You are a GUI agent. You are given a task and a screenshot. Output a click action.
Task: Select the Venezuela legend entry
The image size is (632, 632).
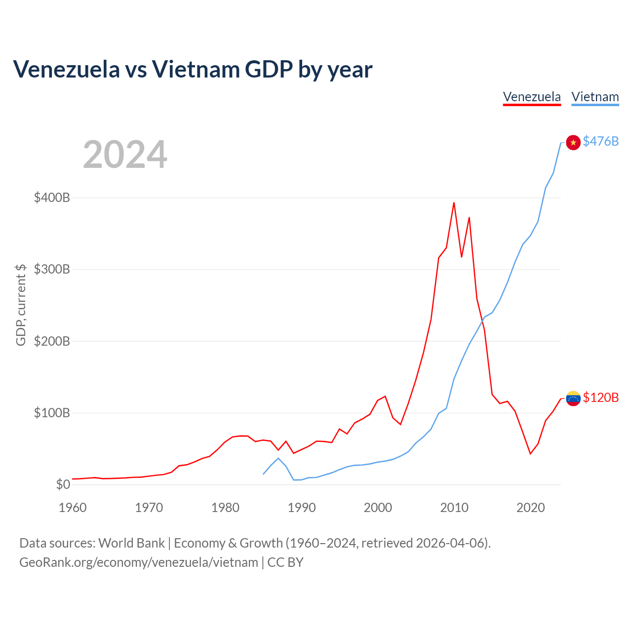coord(532,97)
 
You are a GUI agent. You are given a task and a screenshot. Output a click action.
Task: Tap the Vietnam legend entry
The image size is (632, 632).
coord(595,97)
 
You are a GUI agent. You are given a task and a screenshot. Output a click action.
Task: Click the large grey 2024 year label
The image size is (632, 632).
coord(125,154)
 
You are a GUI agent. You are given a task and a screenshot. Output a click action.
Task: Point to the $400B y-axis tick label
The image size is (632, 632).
coord(52,198)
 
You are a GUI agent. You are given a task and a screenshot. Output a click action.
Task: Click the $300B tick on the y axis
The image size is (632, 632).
coord(52,269)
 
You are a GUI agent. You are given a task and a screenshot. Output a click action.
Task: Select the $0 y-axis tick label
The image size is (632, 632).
coord(63,484)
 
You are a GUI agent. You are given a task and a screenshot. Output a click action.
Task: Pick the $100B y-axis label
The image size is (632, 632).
coord(52,413)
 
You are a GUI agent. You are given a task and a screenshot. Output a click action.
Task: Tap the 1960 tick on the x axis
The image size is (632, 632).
coord(73,508)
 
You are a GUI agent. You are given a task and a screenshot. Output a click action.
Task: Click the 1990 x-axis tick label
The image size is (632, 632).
coord(301,508)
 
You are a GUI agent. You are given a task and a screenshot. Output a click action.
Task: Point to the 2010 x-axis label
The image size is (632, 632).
coord(454,508)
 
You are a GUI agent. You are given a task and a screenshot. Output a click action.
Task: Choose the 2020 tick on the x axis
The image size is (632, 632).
coord(530,508)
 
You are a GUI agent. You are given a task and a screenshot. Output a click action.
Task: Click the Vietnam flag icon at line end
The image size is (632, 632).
coord(573,142)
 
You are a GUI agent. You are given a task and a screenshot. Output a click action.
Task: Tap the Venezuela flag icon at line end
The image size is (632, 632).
coord(573,398)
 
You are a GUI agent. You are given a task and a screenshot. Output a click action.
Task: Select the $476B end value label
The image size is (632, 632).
coord(600,141)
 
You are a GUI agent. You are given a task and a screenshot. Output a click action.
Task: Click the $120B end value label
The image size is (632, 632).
coord(600,397)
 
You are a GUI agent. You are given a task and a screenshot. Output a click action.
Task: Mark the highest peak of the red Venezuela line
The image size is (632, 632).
coord(454,203)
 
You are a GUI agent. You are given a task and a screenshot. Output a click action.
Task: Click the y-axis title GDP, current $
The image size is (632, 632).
coord(21,305)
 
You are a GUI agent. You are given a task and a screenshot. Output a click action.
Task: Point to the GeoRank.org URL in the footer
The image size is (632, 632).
coord(139,562)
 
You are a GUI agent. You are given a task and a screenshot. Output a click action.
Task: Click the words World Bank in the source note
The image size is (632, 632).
coord(131,543)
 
